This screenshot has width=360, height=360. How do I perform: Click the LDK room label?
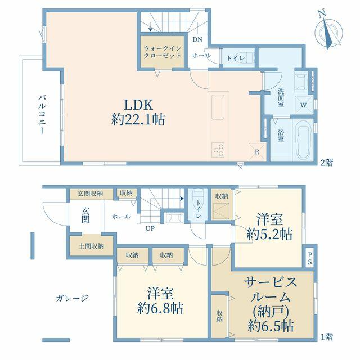[x=138, y=105]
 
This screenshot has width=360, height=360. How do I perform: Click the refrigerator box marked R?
[x=257, y=151]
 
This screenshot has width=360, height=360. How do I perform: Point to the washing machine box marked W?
[x=304, y=105]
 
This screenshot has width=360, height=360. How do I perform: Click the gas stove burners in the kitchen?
[x=218, y=150]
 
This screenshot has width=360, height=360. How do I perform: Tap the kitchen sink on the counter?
[x=218, y=107]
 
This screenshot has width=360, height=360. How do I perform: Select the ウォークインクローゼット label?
[x=163, y=52]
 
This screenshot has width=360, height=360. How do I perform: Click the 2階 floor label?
[x=326, y=163]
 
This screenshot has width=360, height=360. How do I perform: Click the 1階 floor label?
[x=326, y=337]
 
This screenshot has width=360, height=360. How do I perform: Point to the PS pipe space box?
[x=310, y=258]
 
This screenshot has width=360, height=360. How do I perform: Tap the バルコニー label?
[x=42, y=114]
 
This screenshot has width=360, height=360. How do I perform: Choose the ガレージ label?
[x=72, y=298]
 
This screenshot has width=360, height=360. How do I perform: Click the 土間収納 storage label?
[x=91, y=246]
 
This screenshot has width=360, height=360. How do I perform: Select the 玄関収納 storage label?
[x=90, y=193]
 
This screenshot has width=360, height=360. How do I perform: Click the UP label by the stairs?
[x=150, y=228]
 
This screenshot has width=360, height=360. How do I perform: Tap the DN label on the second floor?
[x=197, y=39]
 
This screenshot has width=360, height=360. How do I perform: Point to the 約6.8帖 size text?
[x=160, y=308]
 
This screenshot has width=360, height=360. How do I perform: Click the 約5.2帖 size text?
[x=269, y=234]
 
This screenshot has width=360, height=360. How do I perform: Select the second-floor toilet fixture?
[x=250, y=57]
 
